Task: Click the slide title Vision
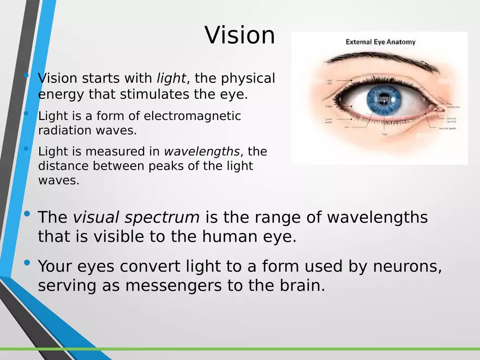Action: [240, 35]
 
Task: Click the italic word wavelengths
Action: [202, 151]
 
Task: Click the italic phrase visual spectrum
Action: [136, 217]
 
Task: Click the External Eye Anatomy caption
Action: [380, 42]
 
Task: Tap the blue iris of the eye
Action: [383, 99]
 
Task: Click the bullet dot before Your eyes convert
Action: [27, 263]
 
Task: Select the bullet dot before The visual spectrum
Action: [27, 214]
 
